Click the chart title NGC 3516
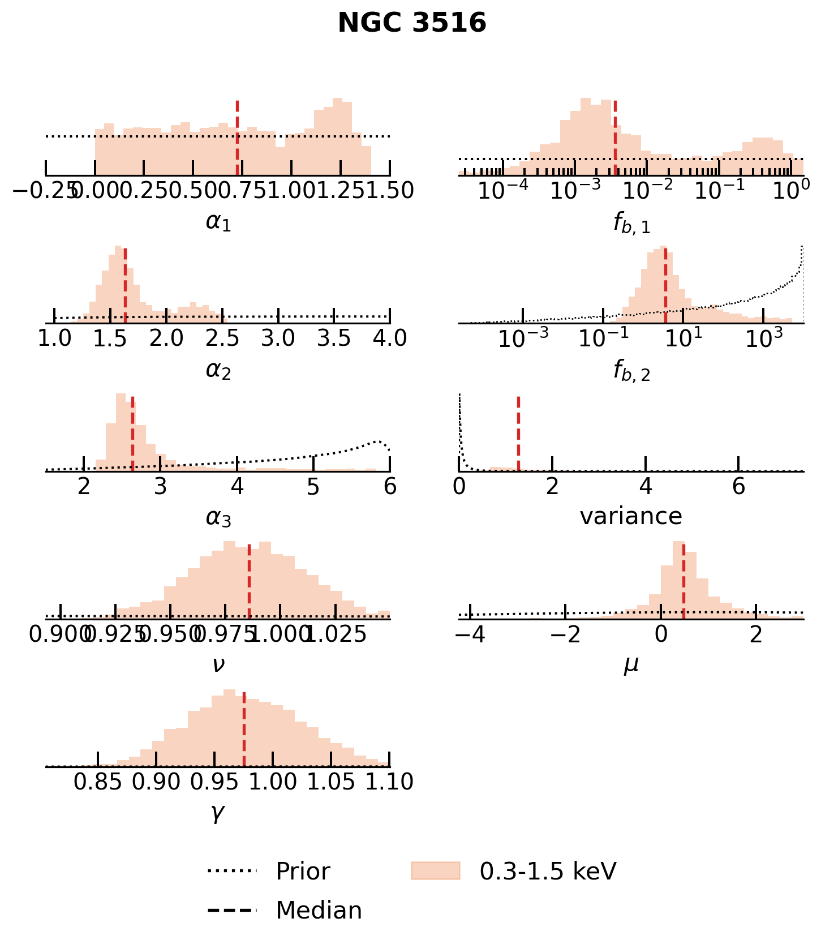[x=412, y=23]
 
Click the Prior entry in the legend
[x=303, y=871]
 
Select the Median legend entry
[x=319, y=910]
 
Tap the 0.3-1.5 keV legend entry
[x=547, y=871]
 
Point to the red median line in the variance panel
[x=518, y=433]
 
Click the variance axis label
[x=631, y=516]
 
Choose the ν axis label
[x=218, y=664]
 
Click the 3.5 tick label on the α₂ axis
[x=334, y=338]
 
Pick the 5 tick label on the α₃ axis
[x=313, y=486]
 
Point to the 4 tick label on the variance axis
[x=646, y=486]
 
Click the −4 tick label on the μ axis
[x=470, y=634]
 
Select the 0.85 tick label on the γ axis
[x=98, y=782]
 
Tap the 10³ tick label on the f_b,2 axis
[x=764, y=338]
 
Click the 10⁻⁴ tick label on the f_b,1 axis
[x=503, y=191]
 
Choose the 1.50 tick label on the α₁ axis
[x=390, y=191]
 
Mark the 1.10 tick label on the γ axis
[x=390, y=782]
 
